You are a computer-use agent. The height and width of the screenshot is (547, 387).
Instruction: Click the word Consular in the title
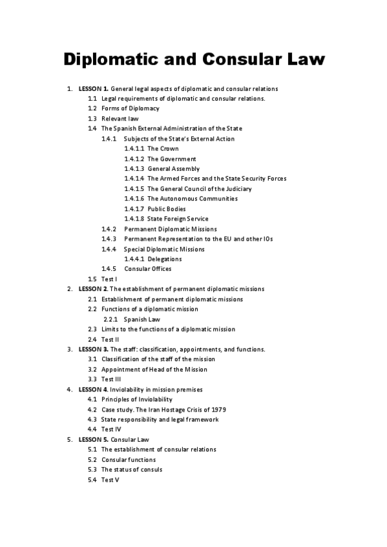247,60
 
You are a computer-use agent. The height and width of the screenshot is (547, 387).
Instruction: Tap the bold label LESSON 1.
93,88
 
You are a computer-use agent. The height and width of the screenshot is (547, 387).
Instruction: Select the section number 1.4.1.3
134,168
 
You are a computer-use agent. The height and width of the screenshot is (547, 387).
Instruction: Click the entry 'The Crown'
163,148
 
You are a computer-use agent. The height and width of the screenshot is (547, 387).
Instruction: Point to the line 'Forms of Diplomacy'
131,108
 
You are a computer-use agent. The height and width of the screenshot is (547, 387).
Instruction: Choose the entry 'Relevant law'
120,119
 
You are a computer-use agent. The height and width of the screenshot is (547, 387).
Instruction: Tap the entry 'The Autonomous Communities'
193,199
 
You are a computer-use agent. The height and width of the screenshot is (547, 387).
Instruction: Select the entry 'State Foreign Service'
178,219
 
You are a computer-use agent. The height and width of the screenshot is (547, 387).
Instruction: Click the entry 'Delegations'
165,259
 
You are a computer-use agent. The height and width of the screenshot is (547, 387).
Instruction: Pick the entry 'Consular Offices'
148,269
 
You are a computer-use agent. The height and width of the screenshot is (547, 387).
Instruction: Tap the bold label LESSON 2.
93,289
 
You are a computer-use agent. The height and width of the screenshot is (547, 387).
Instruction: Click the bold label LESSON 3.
93,349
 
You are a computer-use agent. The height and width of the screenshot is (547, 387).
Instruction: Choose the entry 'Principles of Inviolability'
137,399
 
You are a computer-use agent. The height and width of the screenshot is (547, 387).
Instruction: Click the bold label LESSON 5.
93,439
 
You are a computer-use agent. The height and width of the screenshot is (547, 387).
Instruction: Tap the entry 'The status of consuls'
132,470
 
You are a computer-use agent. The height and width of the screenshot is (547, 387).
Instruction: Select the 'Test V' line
110,480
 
